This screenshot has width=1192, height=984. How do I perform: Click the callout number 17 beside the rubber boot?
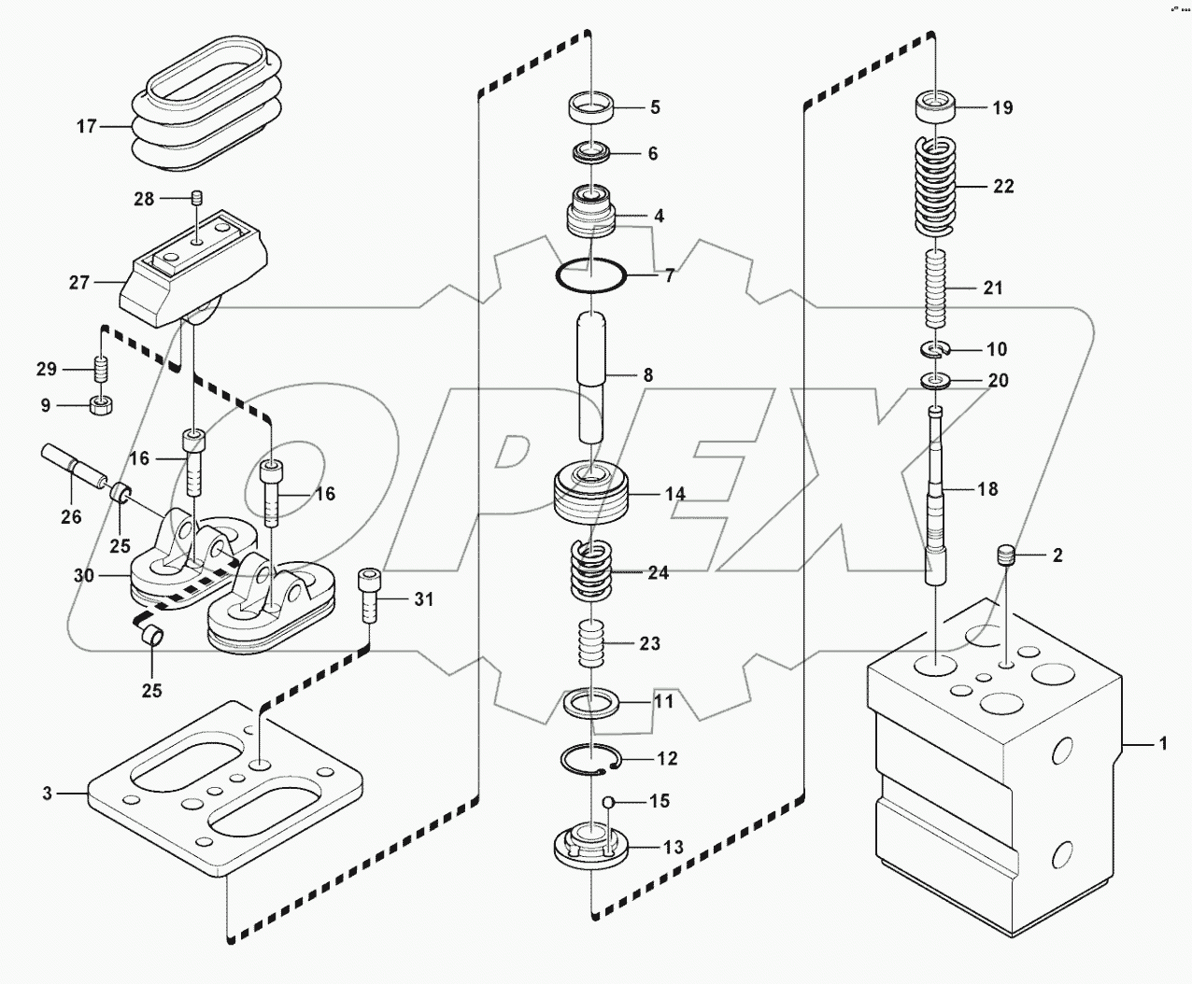tap(86, 126)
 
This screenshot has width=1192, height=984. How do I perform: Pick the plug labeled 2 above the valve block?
tap(1004, 556)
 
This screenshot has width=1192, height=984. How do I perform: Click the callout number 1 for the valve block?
tap(1162, 744)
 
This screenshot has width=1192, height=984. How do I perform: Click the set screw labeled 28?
tap(196, 198)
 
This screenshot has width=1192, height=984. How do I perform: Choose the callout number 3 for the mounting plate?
tap(47, 794)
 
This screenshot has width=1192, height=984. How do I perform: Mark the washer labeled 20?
tap(935, 381)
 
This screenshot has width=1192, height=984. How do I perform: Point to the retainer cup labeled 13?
tap(592, 845)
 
